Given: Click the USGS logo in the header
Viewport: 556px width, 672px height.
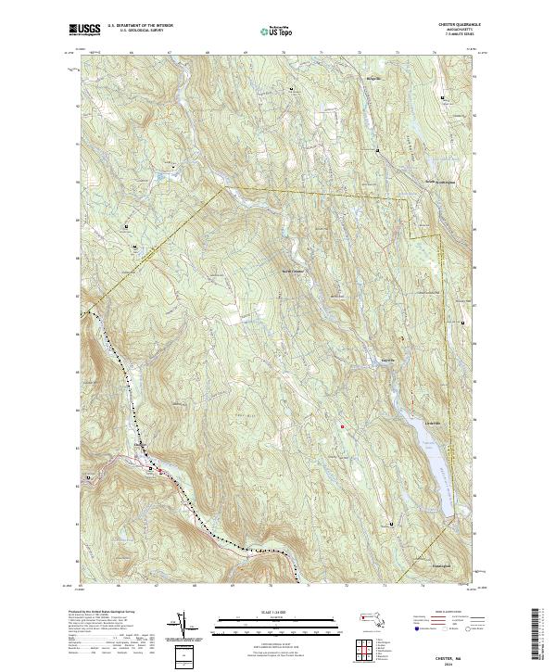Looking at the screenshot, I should tap(84, 30).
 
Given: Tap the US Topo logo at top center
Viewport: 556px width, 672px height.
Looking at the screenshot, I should tap(267, 31).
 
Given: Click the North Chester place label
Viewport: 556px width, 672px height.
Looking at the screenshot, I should tap(293, 271).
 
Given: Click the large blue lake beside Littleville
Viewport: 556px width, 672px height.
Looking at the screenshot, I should tap(436, 463).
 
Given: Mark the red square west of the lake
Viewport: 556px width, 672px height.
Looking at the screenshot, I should tap(343, 425).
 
